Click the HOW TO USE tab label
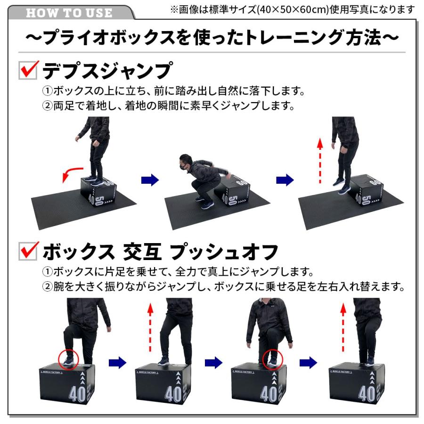(69, 12)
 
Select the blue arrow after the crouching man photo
(285, 179)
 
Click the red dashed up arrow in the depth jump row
(320, 160)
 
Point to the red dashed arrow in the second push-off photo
(150, 327)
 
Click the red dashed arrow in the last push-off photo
(343, 327)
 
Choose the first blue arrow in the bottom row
(117, 362)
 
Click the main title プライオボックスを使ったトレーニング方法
(212, 38)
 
